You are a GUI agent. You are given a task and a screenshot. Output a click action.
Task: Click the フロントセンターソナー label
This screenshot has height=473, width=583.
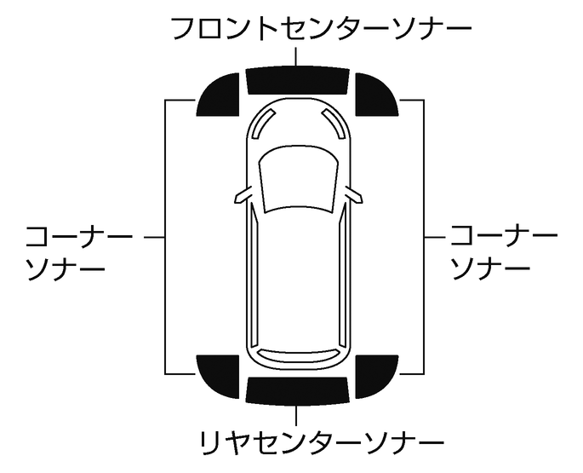click(x=321, y=28)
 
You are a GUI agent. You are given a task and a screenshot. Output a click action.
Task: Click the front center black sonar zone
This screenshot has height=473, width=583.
click(x=296, y=79)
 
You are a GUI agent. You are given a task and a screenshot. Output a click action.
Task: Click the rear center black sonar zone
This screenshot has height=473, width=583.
click(x=296, y=389)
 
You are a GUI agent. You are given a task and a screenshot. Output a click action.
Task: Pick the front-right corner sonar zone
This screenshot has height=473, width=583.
click(x=374, y=95)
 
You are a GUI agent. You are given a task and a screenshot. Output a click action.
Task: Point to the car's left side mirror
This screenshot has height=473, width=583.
click(x=243, y=195)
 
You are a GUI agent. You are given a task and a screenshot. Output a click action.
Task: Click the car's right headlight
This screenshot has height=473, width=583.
click(x=329, y=124)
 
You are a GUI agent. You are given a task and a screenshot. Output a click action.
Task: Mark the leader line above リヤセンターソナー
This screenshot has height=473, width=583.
click(x=296, y=414)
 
